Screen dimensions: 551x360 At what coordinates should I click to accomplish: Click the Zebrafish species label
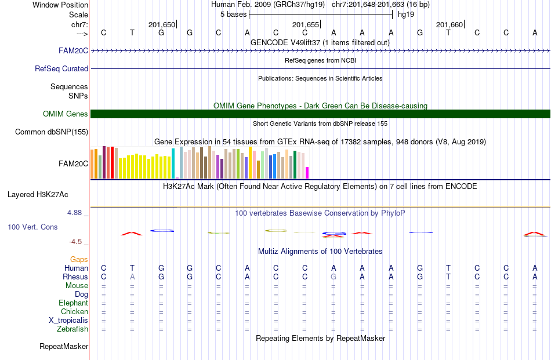[72, 329]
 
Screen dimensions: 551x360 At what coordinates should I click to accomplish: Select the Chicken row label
[74, 311]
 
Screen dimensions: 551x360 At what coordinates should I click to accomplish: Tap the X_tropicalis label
[68, 321]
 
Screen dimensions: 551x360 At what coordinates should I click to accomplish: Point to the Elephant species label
[74, 303]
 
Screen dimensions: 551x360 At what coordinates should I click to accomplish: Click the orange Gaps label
[79, 259]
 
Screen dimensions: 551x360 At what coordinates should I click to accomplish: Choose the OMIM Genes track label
[66, 114]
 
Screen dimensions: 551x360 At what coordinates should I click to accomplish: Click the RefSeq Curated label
[61, 68]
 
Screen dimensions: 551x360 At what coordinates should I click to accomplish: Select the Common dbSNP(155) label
[52, 132]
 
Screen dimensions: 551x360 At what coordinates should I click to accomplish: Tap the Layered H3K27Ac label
[38, 195]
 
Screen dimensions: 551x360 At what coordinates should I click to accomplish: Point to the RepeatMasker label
[64, 346]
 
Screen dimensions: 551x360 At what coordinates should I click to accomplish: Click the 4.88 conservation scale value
[74, 213]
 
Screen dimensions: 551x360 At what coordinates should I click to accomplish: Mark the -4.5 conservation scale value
[75, 242]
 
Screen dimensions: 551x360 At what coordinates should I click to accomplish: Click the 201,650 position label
[162, 24]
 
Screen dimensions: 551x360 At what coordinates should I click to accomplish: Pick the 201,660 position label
[449, 24]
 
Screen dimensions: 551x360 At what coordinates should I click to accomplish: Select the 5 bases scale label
[233, 14]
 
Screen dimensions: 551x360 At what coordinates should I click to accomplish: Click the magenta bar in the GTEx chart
[307, 173]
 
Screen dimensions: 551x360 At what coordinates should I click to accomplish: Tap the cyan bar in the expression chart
[173, 163]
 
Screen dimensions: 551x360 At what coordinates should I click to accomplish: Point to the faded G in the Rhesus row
[333, 277]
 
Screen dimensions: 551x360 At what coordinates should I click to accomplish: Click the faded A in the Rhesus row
[132, 277]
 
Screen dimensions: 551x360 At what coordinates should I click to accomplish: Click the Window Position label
[60, 5]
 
